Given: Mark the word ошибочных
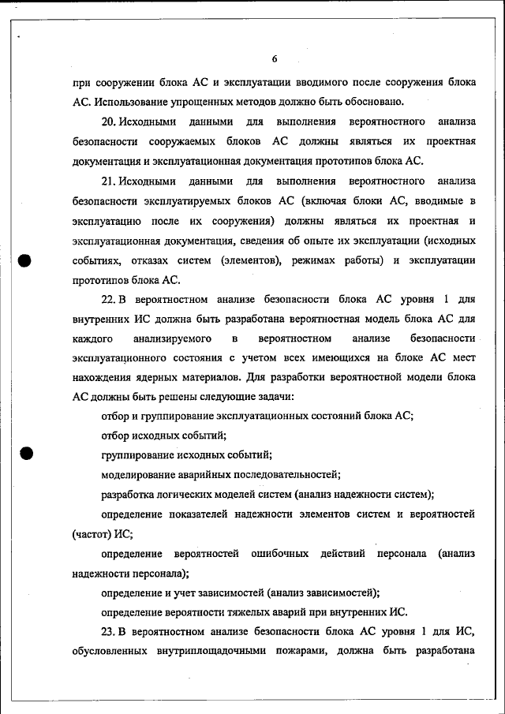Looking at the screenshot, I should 279,554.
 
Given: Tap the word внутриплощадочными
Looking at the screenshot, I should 208,651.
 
